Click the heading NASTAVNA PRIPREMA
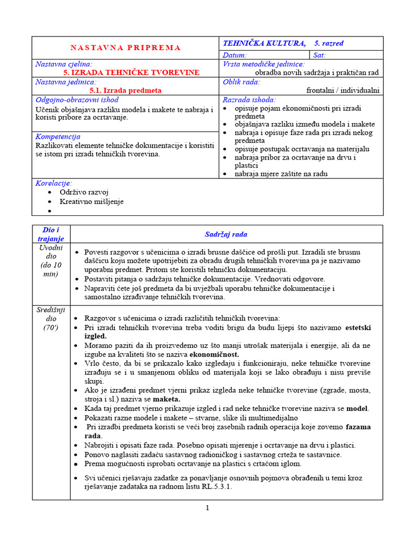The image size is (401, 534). pos(125,47)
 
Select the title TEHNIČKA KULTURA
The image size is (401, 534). pos(264,43)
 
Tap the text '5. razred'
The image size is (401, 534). pos(329,43)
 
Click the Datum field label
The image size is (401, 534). pos(235,55)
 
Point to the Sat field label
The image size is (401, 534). pos(320,55)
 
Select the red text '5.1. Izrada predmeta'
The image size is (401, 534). pos(125,90)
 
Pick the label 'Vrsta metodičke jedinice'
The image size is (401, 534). pos(263,64)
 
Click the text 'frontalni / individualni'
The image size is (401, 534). pos(343,90)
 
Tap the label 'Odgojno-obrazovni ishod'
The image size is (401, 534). pos(77,100)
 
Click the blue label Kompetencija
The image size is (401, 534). pos(57,136)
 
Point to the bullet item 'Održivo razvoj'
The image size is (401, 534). pos(84,192)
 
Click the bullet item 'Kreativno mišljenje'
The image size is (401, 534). pos(92,201)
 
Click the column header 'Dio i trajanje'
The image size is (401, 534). pos(51,234)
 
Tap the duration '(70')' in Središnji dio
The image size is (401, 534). pos(51,328)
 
